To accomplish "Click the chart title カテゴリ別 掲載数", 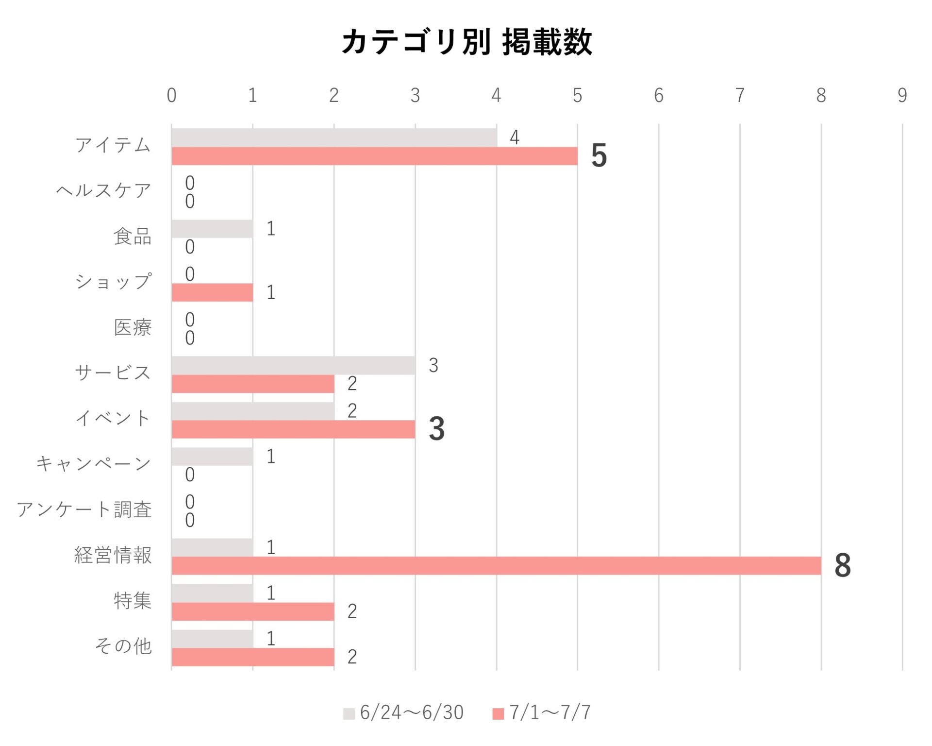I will pyautogui.click(x=466, y=42).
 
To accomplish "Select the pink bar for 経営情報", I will pyautogui.click(x=496, y=566).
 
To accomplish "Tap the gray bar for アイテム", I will pyautogui.click(x=334, y=137).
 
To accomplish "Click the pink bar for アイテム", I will pyautogui.click(x=374, y=156).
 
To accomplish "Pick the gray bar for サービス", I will pyautogui.click(x=293, y=365).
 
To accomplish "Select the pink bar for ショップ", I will pyautogui.click(x=212, y=292).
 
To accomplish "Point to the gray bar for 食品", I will pyautogui.click(x=212, y=229).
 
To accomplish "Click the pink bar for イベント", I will pyautogui.click(x=293, y=429).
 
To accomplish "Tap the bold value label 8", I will pyautogui.click(x=843, y=566).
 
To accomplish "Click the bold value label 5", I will pyautogui.click(x=599, y=156).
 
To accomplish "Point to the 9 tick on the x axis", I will pyautogui.click(x=902, y=96).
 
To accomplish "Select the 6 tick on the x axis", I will pyautogui.click(x=658, y=96).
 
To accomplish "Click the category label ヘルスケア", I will pyautogui.click(x=103, y=191).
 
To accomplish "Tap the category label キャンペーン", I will pyautogui.click(x=94, y=464).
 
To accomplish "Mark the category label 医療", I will pyautogui.click(x=133, y=328).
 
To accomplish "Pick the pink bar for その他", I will pyautogui.click(x=253, y=657).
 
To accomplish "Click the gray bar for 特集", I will pyautogui.click(x=212, y=593).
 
